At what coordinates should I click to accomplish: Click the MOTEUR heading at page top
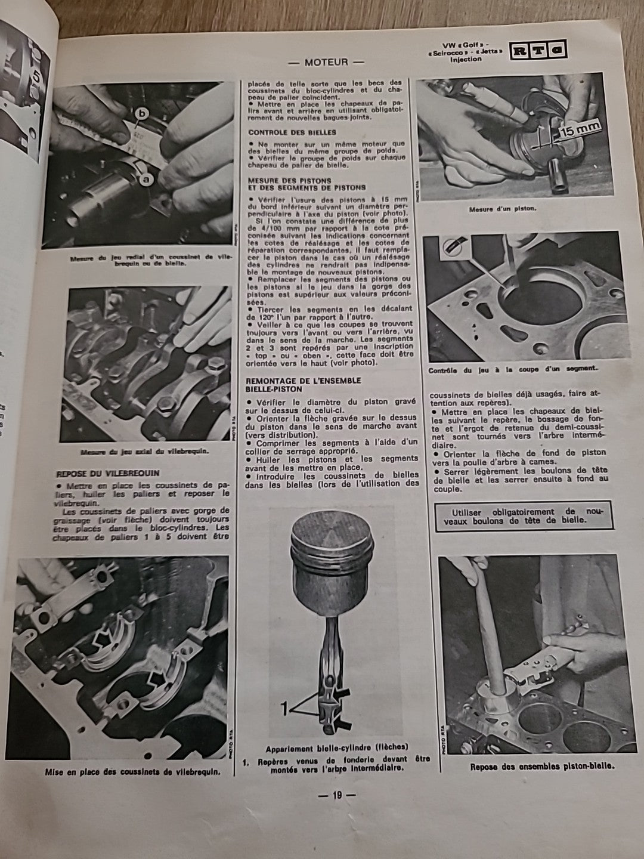[326, 61]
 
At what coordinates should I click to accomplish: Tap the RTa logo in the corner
[538, 51]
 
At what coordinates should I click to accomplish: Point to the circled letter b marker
[141, 112]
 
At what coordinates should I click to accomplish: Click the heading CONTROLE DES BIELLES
[292, 132]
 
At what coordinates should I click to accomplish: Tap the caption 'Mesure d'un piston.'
[503, 209]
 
